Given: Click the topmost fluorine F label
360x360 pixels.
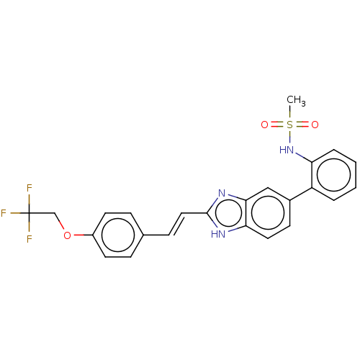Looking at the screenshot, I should pos(29,188).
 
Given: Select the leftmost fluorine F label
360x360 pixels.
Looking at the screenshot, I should pos(4,213).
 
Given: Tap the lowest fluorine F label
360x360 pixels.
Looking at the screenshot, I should pos(29,239).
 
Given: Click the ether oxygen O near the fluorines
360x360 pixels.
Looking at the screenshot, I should pos(67,235).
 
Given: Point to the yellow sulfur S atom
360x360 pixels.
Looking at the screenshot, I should pos(289,125).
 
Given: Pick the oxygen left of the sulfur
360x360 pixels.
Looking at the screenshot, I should pos(264,125).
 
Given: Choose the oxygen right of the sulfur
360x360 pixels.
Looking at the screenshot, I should pos(315,125).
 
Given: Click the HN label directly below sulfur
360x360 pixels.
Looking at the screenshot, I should pos(287,150).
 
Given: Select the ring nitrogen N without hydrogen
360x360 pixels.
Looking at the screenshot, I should pos(222,193).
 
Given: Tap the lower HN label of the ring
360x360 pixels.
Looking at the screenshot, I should pos(217,234).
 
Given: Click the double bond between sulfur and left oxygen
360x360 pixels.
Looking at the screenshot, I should pos(277,125).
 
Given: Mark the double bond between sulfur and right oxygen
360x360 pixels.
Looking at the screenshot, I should pos(302,125).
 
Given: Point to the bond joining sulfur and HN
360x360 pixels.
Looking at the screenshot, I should pos(289,137).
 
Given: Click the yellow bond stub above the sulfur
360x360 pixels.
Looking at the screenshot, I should pos(289,114).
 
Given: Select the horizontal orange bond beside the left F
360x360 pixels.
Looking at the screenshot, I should pos(15,213).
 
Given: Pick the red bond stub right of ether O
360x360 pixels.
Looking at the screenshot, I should pos(78,235).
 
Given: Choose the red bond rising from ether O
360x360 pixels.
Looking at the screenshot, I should pos(61,225).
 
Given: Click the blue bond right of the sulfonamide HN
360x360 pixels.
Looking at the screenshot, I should pos(300,155).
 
